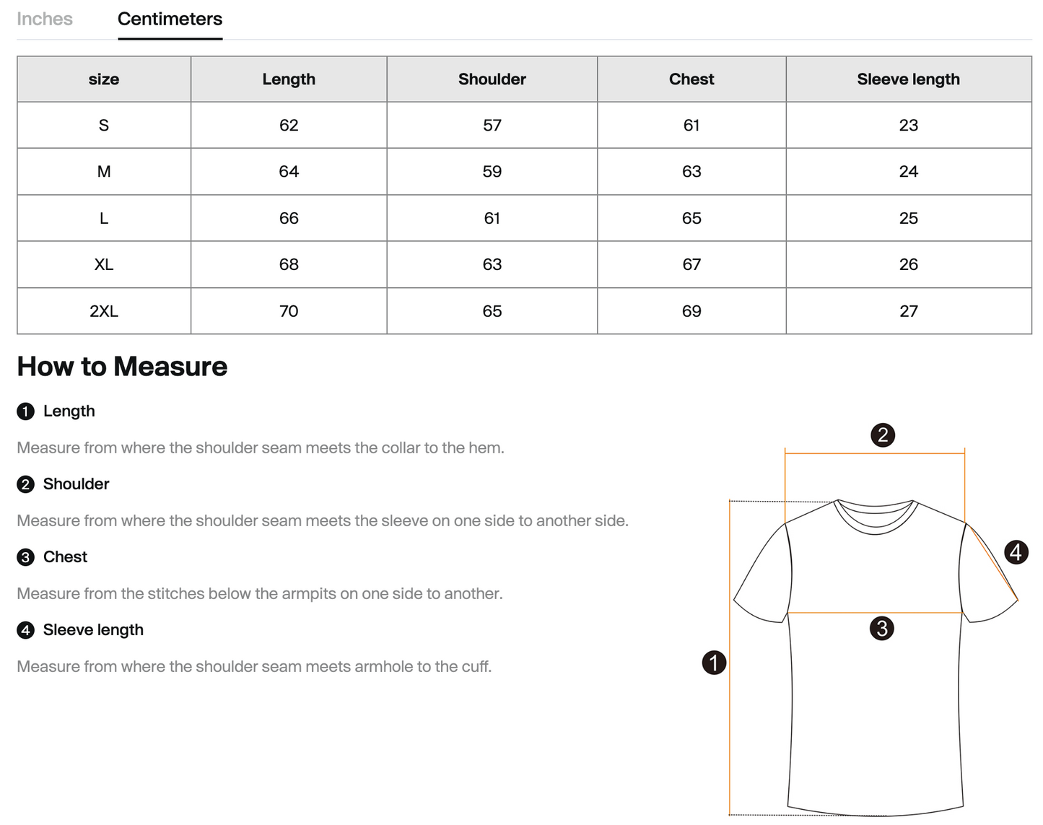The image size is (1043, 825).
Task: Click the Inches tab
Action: pos(45,19)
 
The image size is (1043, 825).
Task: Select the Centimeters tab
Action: pos(170,19)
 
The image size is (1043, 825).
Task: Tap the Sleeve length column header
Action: pos(908,79)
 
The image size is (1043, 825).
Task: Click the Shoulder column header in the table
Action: pos(492,79)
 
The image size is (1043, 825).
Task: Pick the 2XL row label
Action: pos(104,311)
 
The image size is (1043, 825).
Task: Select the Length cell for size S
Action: pos(289,126)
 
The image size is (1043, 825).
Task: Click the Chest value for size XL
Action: pos(691,265)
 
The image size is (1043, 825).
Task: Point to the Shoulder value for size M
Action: pos(492,172)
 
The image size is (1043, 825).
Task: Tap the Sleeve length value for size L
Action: pos(908,218)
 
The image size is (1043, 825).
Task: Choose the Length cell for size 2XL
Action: pos(289,311)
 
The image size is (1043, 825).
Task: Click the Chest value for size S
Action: pos(691,126)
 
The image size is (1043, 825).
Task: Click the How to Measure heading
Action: pos(122,367)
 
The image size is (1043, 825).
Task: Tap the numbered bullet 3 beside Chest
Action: pos(25,557)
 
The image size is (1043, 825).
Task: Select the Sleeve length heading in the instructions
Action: pos(93,630)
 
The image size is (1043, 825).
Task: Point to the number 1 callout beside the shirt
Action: pos(714,662)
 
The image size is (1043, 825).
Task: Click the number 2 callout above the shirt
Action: pos(882,435)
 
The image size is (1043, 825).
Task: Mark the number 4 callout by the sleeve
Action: pos(1016,552)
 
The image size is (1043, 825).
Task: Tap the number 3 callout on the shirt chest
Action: pos(881,628)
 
